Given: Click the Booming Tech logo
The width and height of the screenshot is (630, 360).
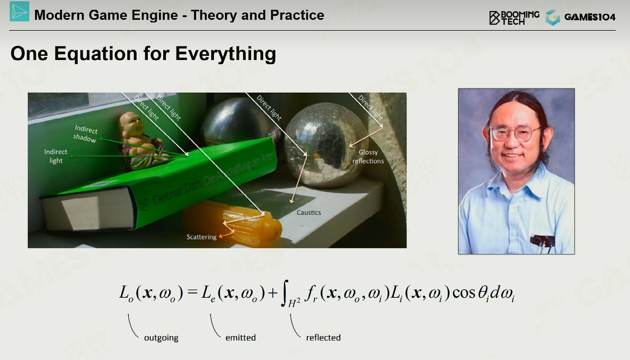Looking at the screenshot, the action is [x=514, y=18].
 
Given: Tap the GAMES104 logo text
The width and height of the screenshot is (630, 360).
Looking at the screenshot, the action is [x=590, y=17].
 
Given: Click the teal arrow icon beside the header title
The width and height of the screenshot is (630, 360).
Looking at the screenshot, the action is [x=20, y=12].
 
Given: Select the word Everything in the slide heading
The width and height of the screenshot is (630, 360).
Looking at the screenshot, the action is [x=225, y=53].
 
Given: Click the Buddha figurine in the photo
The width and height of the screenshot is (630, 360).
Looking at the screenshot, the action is [x=140, y=140].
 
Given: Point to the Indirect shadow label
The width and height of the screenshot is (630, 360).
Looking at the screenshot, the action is [x=85, y=134].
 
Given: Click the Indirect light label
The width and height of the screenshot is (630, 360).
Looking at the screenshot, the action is [x=56, y=156].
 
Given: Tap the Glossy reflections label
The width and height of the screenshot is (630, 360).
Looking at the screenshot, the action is [x=368, y=156].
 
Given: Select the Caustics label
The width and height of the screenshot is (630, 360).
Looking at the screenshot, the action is [x=309, y=213].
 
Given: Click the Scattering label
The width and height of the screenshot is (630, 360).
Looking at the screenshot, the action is [x=201, y=237].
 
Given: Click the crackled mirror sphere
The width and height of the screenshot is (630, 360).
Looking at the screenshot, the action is [x=326, y=145].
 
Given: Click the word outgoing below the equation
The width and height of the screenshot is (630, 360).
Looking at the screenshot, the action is [x=161, y=338].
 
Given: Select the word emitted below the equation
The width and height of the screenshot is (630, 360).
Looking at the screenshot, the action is [x=240, y=338].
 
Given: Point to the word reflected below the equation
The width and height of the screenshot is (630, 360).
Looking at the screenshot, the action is [x=323, y=338].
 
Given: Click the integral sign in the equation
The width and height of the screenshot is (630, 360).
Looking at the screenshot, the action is [x=285, y=293].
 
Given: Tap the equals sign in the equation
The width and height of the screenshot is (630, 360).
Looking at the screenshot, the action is [x=192, y=292].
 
